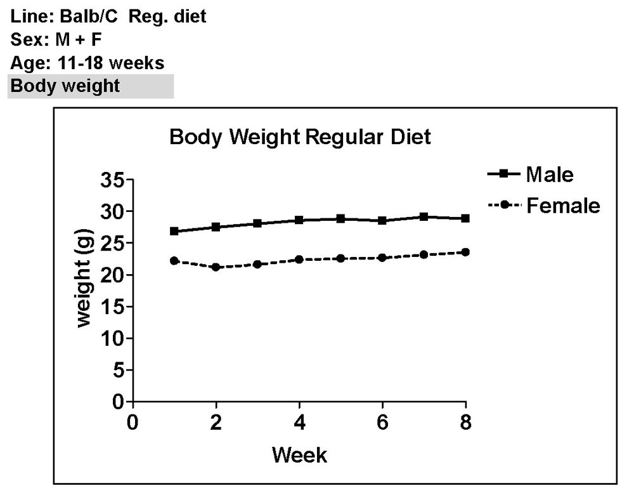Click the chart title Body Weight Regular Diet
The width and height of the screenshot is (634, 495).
click(x=300, y=136)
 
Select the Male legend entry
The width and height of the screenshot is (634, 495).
click(x=549, y=174)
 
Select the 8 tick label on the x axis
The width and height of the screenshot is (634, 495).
click(x=466, y=423)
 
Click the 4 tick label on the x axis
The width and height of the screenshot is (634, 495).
click(x=299, y=423)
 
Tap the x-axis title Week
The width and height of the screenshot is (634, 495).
click(x=299, y=454)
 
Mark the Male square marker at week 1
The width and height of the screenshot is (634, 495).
click(x=174, y=231)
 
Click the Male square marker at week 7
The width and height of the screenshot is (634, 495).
click(x=424, y=217)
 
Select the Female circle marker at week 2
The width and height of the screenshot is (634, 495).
click(x=216, y=267)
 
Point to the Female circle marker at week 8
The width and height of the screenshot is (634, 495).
click(x=466, y=252)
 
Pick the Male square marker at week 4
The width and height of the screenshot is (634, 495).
click(x=299, y=220)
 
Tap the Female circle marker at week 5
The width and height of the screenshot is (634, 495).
click(x=340, y=258)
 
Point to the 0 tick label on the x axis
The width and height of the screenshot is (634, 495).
click(x=132, y=423)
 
